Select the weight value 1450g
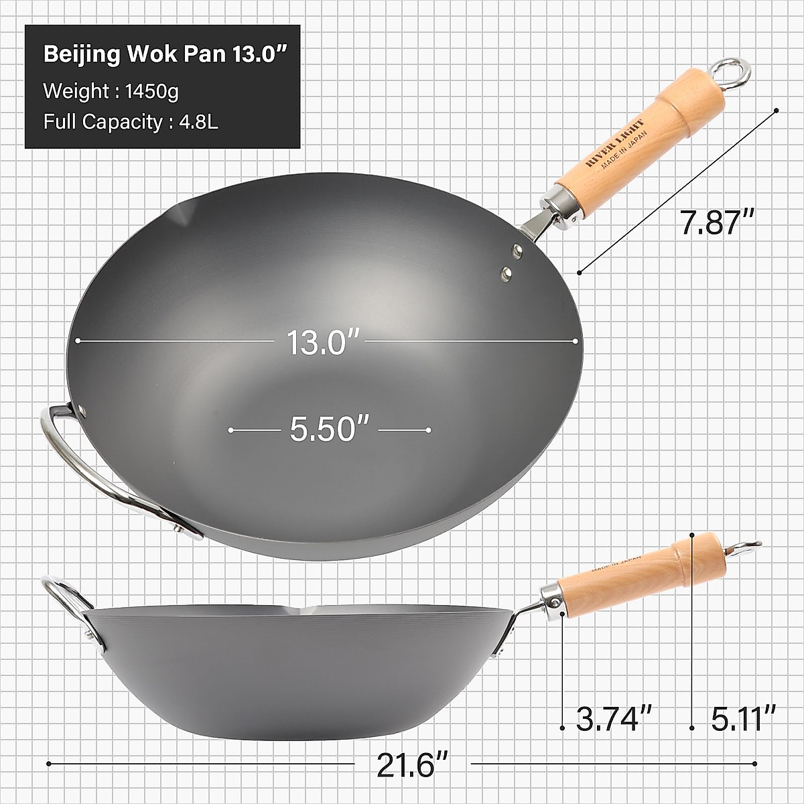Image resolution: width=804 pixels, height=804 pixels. point(152,90)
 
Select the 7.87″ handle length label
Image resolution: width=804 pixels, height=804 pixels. point(718,222)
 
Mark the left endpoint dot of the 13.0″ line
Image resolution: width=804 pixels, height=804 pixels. point(78,340)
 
